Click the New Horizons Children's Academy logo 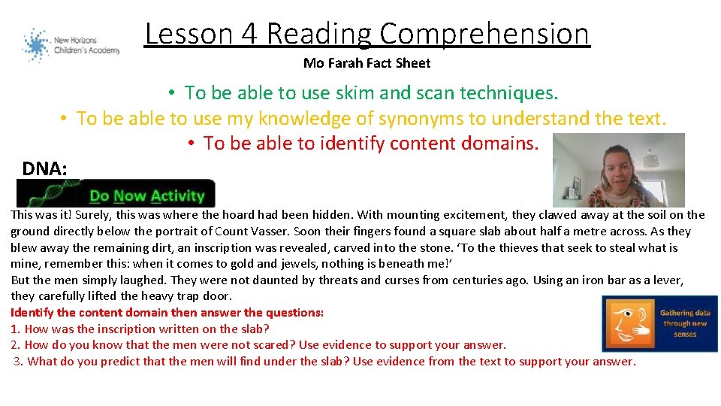(71, 45)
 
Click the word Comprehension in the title (484, 34)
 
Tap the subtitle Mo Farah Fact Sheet (367, 63)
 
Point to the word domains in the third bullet (499, 143)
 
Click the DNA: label (44, 168)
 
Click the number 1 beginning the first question (14, 329)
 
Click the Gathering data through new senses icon (659, 323)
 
